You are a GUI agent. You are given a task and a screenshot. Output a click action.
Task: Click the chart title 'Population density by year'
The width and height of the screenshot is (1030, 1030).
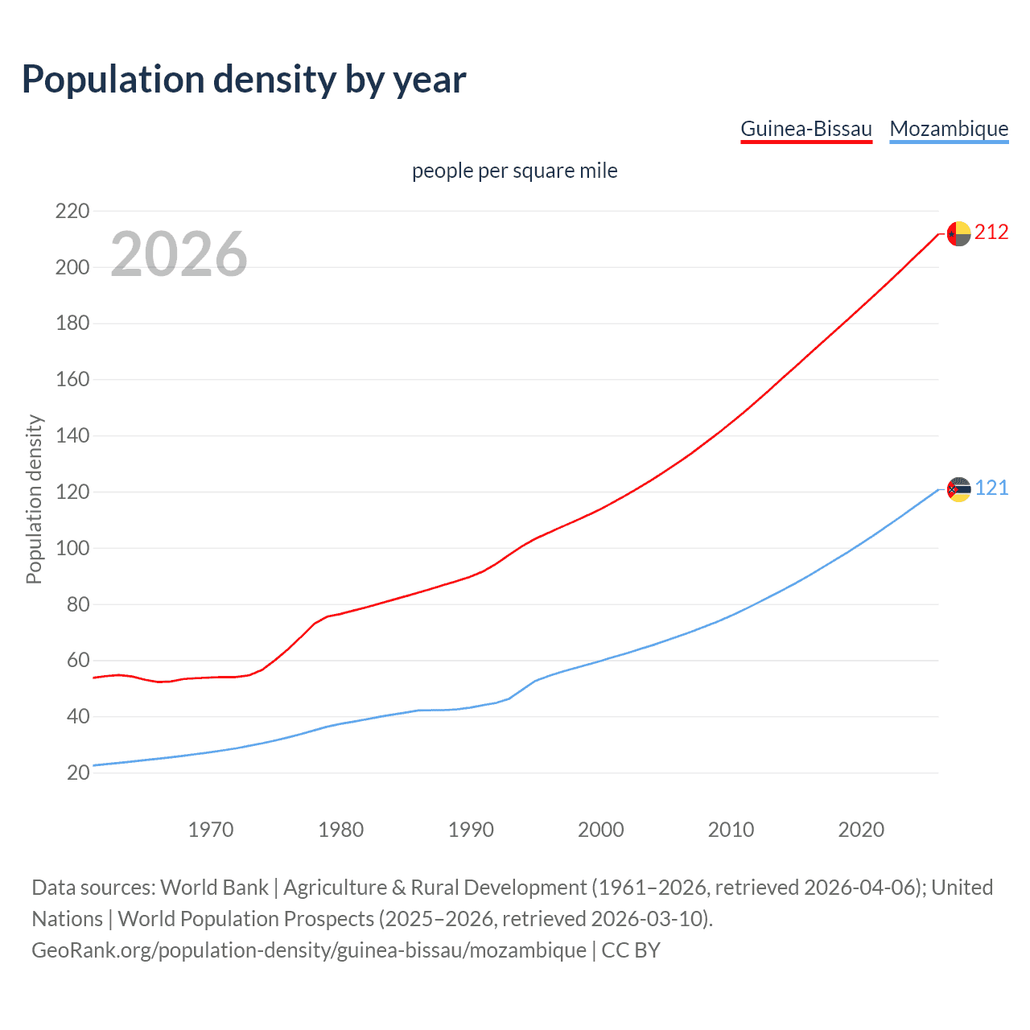(244, 80)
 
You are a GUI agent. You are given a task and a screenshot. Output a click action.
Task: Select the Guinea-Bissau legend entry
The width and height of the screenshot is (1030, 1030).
(806, 129)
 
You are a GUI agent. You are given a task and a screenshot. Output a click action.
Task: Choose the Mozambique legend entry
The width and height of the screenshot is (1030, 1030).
(949, 129)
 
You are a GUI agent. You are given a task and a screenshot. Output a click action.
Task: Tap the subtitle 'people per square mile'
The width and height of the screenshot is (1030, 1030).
(515, 171)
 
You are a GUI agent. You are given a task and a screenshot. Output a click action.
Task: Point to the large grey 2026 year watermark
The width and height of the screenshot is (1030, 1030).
(179, 254)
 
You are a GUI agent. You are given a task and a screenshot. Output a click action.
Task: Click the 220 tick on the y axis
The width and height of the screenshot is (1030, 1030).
(72, 211)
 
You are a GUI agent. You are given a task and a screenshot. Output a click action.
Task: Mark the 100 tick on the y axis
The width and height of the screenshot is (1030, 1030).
(72, 548)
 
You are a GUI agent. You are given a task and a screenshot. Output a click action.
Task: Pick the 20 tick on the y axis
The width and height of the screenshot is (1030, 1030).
(78, 772)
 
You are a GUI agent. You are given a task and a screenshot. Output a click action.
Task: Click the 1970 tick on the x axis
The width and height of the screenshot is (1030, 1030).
(211, 830)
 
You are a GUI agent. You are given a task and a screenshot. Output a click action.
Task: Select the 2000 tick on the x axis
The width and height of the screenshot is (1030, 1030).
(601, 830)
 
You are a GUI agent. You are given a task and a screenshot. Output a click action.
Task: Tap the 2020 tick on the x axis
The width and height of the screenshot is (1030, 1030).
(861, 830)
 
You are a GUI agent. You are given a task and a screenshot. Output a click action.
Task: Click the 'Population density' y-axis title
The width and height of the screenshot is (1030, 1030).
(34, 499)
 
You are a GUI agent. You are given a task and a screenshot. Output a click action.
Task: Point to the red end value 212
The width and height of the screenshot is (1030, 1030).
(991, 233)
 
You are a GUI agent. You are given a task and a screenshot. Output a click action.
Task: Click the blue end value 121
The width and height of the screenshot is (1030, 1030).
(991, 488)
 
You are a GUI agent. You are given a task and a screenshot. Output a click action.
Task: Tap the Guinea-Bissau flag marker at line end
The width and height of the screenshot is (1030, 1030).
(958, 233)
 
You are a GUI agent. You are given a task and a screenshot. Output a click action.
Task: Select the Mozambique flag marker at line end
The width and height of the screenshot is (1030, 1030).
(958, 489)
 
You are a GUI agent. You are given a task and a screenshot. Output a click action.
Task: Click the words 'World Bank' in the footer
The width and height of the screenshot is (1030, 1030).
(214, 888)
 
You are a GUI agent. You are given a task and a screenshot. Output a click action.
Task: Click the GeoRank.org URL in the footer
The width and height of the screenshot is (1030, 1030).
(309, 950)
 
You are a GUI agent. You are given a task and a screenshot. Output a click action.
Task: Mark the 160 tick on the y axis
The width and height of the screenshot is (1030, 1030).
(72, 379)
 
